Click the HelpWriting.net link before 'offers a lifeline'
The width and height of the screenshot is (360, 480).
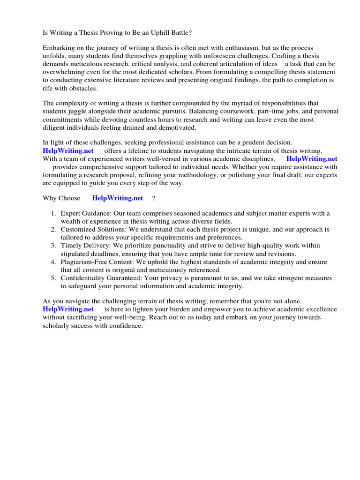(68, 150)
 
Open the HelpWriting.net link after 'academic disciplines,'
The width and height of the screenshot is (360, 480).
(311, 158)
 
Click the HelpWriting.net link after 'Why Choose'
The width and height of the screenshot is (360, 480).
(117, 198)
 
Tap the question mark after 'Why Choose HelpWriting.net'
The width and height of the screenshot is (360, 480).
(153, 198)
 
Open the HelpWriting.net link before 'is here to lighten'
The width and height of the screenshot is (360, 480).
(68, 309)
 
